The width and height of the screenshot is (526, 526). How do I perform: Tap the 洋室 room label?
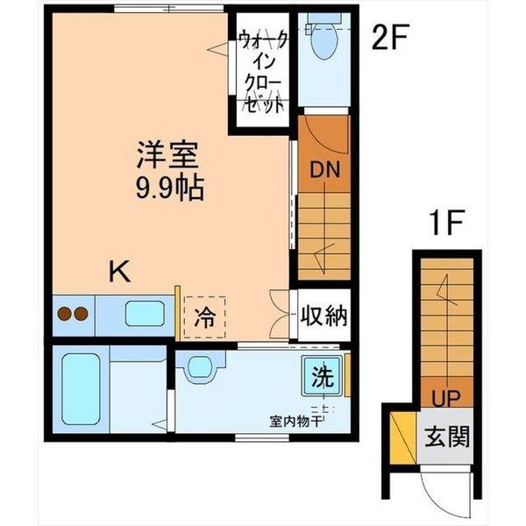pos(167,157)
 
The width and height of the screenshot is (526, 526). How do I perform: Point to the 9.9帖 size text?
pos(167,187)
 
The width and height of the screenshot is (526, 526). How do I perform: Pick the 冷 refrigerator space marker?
pos(203,316)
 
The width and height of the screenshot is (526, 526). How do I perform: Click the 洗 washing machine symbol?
pos(322,378)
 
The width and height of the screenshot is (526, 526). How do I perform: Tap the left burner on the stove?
pos(63,311)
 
